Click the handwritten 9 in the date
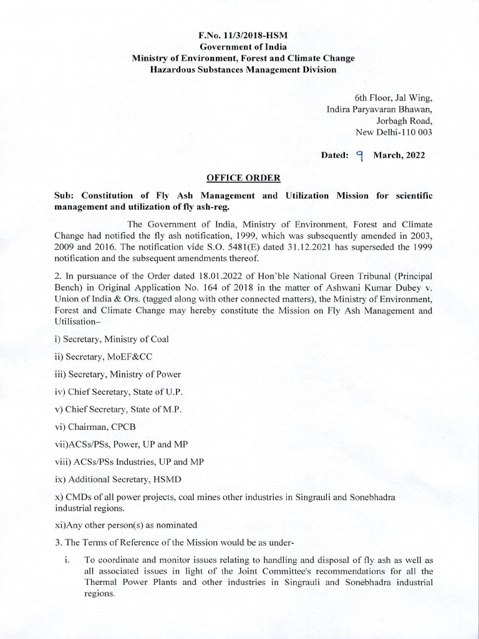(x=359, y=155)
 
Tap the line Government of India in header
(x=243, y=47)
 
